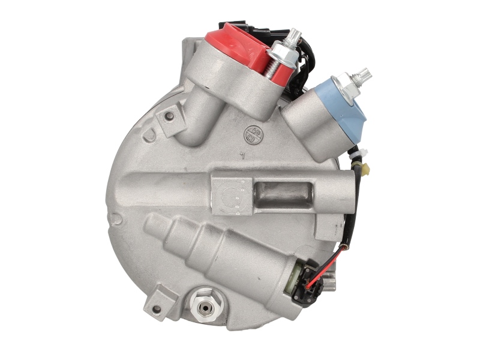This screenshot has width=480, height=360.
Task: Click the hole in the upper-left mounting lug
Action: click(x=169, y=115)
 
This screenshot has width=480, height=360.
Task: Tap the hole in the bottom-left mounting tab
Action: click(x=157, y=309)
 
